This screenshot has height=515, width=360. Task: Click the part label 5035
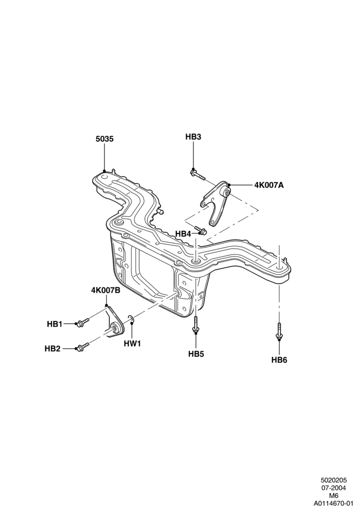click(x=104, y=139)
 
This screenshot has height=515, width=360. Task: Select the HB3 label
click(x=193, y=137)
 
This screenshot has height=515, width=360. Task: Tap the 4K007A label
click(x=268, y=185)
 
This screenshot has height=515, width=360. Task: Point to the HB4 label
click(x=183, y=234)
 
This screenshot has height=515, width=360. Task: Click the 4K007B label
click(x=106, y=290)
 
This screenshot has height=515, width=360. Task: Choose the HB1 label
click(x=54, y=324)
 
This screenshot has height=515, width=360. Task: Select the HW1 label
click(x=132, y=344)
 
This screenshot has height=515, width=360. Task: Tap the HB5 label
click(x=196, y=354)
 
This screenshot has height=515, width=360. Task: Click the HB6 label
click(x=279, y=360)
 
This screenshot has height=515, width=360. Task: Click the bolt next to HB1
click(x=82, y=322)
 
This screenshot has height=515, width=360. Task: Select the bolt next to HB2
click(x=82, y=346)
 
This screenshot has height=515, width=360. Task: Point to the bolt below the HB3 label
click(x=197, y=175)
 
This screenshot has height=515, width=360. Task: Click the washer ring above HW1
click(x=131, y=319)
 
